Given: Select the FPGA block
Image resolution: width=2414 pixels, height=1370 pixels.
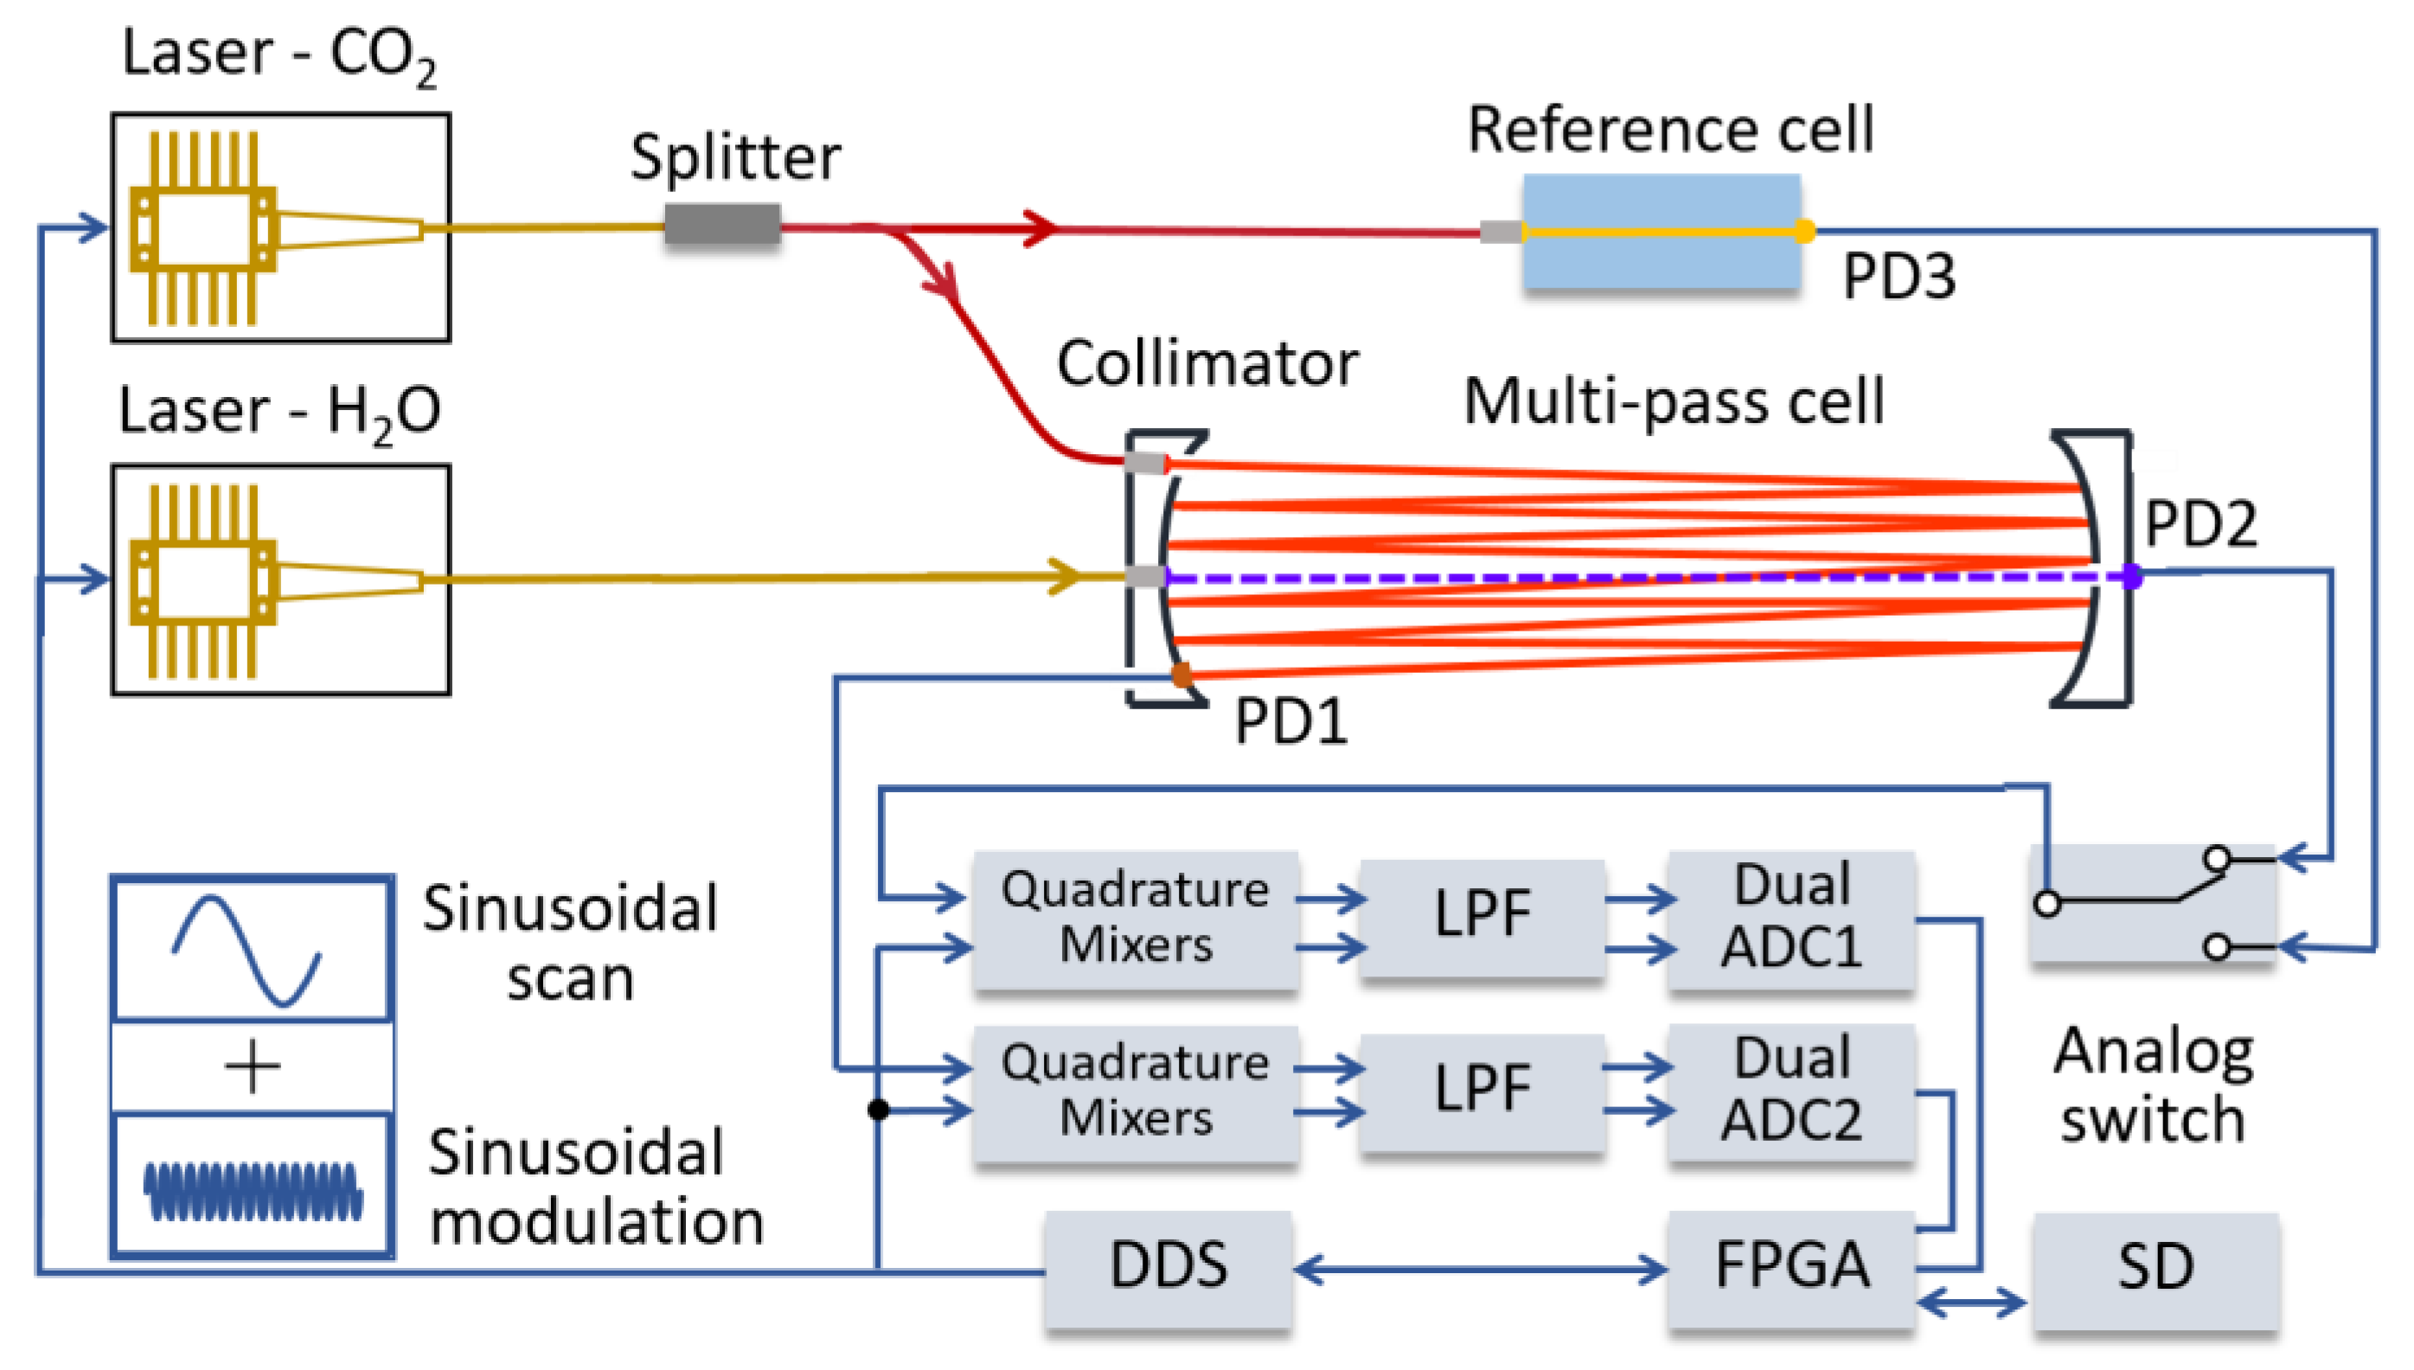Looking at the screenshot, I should click(1790, 1265).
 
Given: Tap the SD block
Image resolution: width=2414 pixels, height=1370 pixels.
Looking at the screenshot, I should click(2155, 1267).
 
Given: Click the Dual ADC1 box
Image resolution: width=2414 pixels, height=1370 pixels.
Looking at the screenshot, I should click(1790, 917).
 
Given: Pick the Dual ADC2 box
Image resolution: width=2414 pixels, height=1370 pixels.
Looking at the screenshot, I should click(1790, 1091).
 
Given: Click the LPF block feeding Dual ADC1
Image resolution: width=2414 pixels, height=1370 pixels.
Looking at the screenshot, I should click(1482, 917).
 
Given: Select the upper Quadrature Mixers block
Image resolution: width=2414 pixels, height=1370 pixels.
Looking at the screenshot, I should click(1136, 917).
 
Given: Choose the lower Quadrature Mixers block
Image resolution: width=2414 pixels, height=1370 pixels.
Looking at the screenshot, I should click(1136, 1091).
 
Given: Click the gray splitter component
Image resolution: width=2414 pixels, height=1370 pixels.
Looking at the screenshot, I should click(721, 225).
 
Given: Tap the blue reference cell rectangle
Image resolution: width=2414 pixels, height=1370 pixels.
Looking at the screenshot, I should click(1661, 232).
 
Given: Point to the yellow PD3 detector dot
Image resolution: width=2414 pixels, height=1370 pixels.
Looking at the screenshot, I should click(1803, 231).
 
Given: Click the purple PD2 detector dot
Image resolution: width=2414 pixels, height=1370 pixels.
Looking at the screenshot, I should click(2132, 576).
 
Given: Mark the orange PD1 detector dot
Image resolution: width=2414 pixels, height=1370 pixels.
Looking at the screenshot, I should click(1181, 674).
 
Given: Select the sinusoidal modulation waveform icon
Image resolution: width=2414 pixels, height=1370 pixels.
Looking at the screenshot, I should click(252, 1190).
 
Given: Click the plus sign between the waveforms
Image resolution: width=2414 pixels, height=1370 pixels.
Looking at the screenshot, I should click(252, 1068).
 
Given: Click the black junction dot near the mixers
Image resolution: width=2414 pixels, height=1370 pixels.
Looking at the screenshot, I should click(878, 1110).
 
